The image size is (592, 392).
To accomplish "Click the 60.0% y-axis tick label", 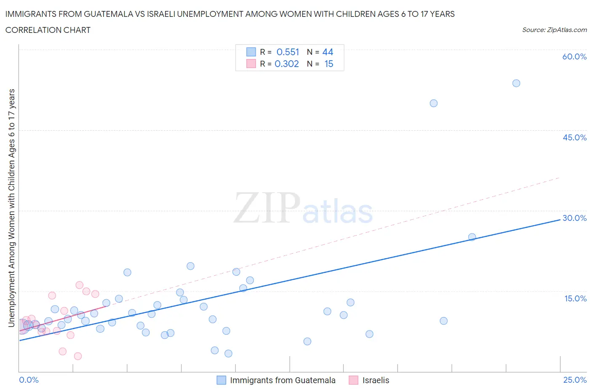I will (x=574, y=56).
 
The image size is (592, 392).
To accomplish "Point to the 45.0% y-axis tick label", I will (x=574, y=137).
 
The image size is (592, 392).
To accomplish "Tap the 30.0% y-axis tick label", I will (x=574, y=218).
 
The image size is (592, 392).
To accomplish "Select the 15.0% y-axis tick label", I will (x=575, y=298).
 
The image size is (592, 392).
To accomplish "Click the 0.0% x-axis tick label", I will (x=29, y=380).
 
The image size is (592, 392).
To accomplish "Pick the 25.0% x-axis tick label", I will (x=575, y=380).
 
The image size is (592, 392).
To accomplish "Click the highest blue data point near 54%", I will (x=516, y=83).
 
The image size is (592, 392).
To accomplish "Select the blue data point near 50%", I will (x=434, y=103).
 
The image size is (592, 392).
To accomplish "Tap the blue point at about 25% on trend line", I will (x=472, y=237).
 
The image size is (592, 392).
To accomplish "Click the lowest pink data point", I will (x=78, y=356).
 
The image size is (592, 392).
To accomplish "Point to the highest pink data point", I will (x=79, y=285).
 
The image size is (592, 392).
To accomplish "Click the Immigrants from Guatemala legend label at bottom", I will (x=283, y=380).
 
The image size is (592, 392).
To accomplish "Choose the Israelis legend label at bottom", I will (x=376, y=380).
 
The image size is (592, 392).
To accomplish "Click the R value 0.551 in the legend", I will (x=288, y=52).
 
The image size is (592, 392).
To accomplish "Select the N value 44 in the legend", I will (x=328, y=52).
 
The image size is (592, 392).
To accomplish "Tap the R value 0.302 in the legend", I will (x=287, y=64).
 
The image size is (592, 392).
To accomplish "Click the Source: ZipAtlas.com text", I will (x=554, y=30).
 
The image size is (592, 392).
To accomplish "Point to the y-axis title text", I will (x=11, y=208).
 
